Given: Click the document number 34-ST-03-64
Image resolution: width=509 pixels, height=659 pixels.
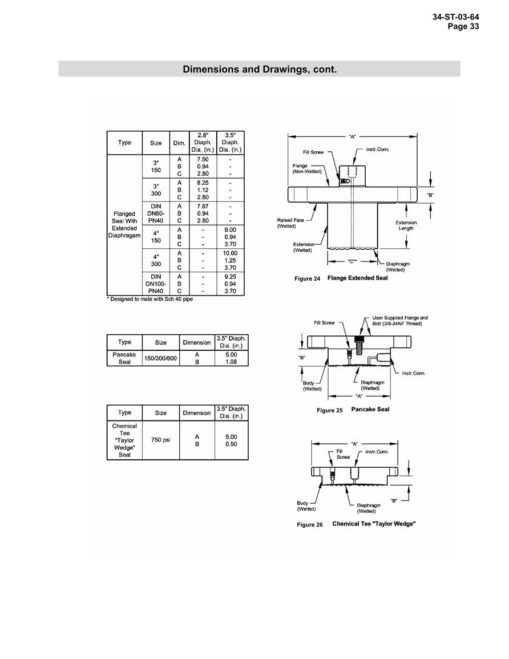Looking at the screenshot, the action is (455, 17).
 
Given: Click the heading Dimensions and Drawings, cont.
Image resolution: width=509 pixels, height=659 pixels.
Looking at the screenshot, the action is (260, 70).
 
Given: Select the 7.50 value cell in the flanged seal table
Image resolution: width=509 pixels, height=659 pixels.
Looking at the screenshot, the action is (203, 159).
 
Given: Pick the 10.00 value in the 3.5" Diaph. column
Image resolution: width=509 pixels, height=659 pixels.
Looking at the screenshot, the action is (230, 253).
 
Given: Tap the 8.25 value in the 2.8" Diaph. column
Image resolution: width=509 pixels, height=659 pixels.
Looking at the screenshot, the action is (203, 183).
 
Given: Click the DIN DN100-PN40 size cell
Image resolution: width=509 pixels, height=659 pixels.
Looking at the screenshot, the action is (156, 284).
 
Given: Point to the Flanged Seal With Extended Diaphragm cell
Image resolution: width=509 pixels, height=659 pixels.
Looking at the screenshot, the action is (124, 224).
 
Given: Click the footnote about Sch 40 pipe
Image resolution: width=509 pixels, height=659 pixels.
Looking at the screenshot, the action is (150, 299).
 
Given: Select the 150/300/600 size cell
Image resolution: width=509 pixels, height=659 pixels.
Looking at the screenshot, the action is (160, 358).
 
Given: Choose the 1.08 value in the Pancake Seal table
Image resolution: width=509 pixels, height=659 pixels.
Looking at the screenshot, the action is (231, 361).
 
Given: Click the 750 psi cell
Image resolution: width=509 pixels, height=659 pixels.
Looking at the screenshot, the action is (160, 439).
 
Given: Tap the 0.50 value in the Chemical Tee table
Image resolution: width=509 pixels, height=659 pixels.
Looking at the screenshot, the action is (231, 444).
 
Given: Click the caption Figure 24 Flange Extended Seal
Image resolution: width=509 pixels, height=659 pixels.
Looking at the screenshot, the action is (341, 278).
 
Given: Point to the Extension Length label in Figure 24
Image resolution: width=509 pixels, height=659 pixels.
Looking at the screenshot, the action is (406, 225).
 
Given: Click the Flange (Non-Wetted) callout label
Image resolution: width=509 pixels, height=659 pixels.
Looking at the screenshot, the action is (307, 168).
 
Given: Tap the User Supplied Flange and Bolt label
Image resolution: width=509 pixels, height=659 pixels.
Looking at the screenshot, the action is (399, 321).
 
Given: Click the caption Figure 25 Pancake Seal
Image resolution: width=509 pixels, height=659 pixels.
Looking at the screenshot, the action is (353, 410).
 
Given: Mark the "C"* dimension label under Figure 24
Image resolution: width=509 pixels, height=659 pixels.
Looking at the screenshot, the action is (352, 261).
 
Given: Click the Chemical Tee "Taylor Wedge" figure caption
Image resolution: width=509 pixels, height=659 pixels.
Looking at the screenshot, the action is (356, 524).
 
